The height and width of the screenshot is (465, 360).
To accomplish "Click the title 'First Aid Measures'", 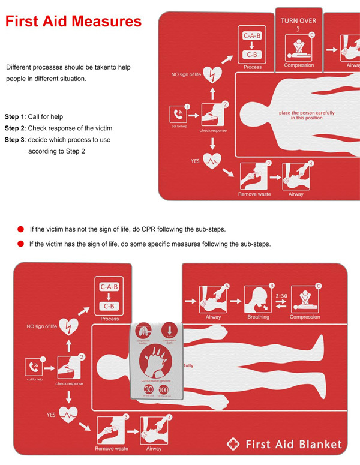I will tap(73, 22).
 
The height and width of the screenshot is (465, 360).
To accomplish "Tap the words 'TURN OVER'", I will tap(298, 21).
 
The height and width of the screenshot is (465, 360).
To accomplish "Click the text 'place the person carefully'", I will tap(307, 113).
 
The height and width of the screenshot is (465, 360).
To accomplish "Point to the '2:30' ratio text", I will tap(283, 295).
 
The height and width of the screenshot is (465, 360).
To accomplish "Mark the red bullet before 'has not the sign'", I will tap(20, 229).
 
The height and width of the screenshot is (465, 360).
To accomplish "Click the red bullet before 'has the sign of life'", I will tap(20, 244).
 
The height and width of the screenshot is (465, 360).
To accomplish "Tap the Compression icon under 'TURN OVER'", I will tap(298, 46).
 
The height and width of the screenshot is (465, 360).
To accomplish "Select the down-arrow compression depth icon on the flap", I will tap(169, 331).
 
